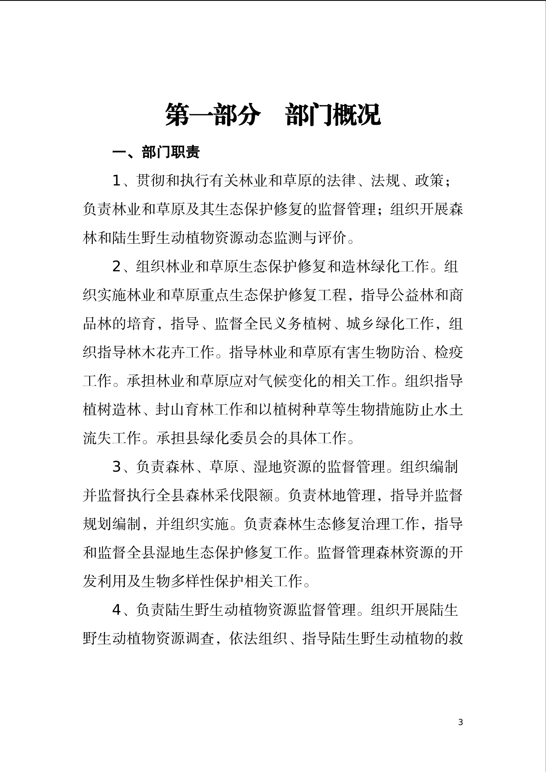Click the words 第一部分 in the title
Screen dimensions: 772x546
coord(212,115)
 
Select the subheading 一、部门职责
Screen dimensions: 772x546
coord(156,152)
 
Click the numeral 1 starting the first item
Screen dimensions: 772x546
coord(116,181)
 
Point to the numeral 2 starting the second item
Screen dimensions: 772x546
coord(116,267)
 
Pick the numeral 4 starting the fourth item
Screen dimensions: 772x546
coord(116,610)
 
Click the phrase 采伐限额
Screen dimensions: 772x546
coord(244,496)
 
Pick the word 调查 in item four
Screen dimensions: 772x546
coord(200,638)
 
